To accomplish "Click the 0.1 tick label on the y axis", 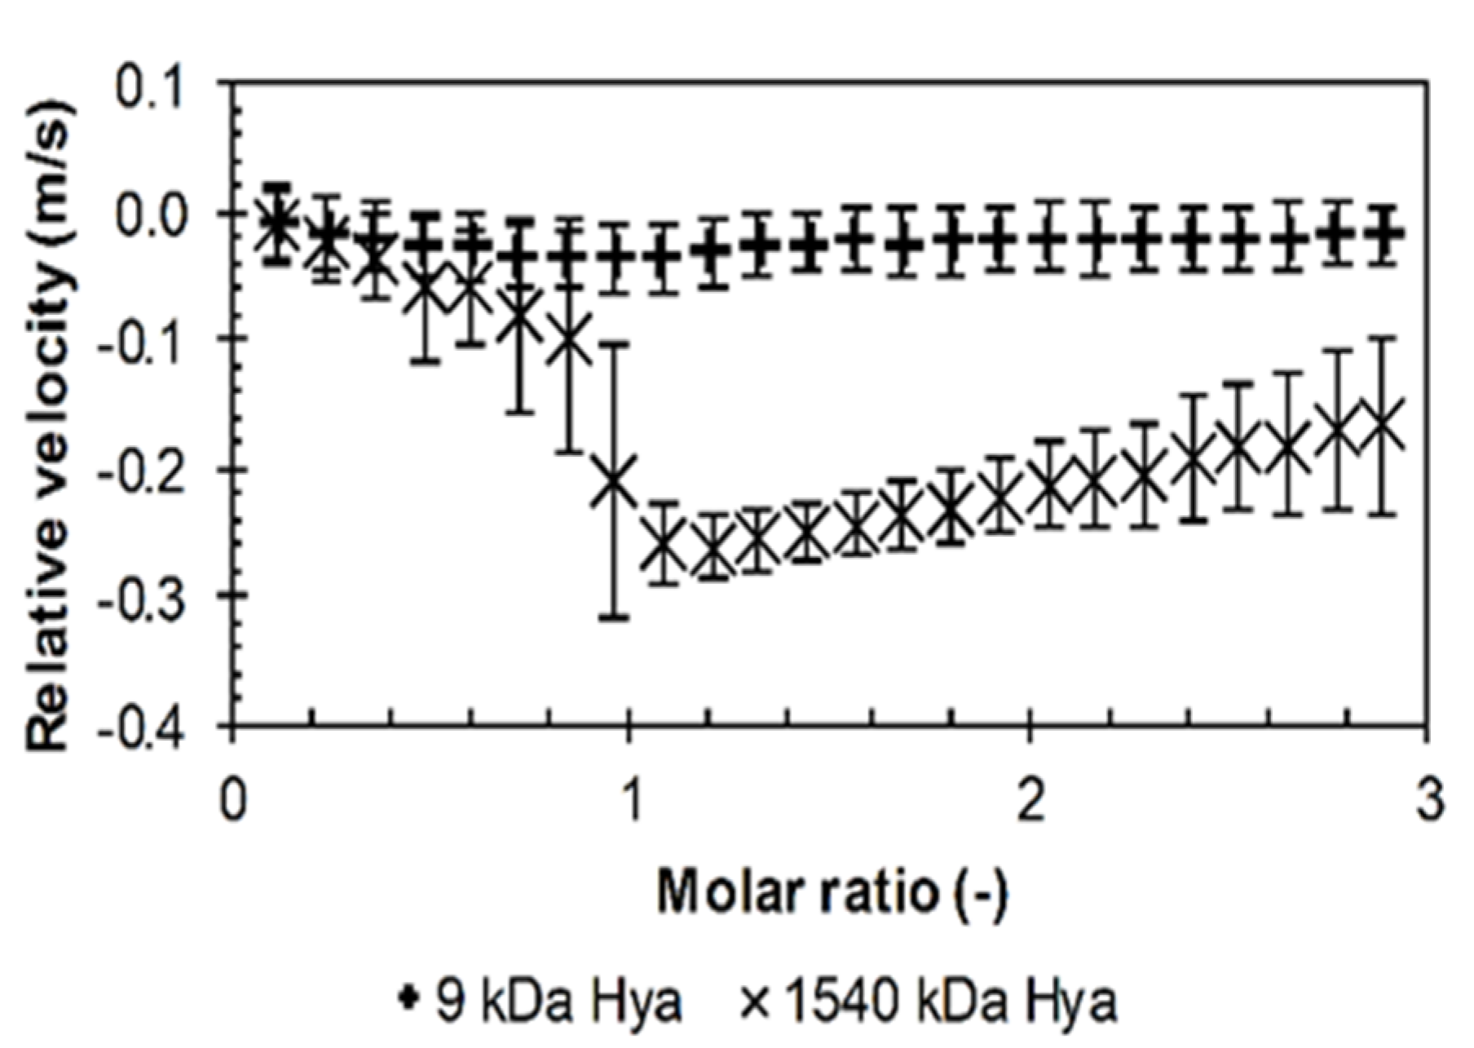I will point(161,84).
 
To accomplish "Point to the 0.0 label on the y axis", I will point(161,213).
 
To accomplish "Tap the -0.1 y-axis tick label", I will point(152,340).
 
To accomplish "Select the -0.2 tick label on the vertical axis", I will point(152,469).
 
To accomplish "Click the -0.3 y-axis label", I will point(152,597).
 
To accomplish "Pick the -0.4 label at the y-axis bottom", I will point(152,725).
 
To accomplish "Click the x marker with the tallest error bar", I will point(616,480).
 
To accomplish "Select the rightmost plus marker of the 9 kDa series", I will point(1383,234).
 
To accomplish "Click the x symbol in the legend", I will point(756,1002).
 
